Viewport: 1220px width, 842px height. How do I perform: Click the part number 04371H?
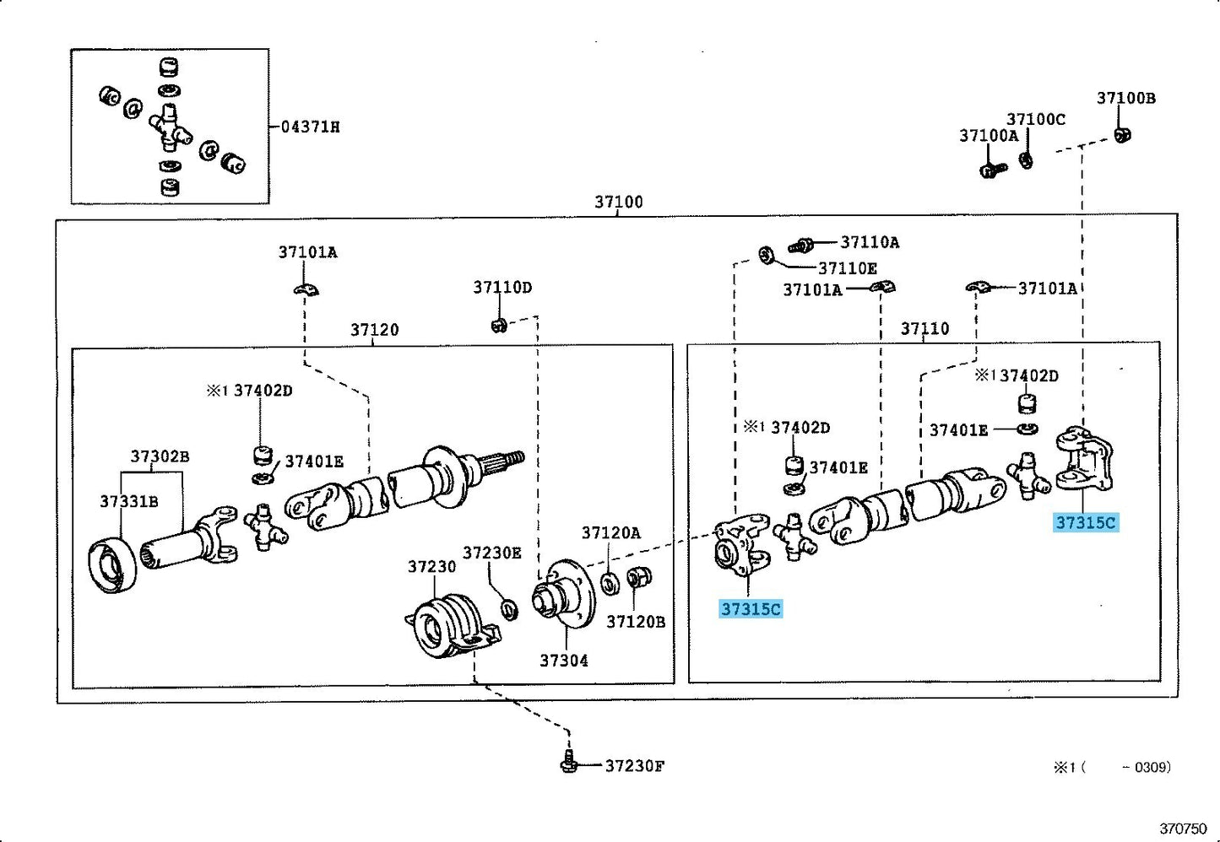click(311, 127)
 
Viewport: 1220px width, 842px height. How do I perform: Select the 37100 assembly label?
click(619, 202)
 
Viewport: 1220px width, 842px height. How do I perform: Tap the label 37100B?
click(1125, 98)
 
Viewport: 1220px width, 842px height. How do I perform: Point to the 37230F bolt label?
click(635, 766)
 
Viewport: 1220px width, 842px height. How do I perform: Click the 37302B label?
click(160, 456)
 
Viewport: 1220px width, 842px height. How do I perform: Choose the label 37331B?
click(129, 501)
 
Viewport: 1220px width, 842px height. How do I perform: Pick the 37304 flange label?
click(564, 661)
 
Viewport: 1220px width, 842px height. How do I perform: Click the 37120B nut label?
click(636, 622)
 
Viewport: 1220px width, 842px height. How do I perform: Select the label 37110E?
click(848, 268)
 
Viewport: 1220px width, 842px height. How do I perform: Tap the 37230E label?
click(492, 553)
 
